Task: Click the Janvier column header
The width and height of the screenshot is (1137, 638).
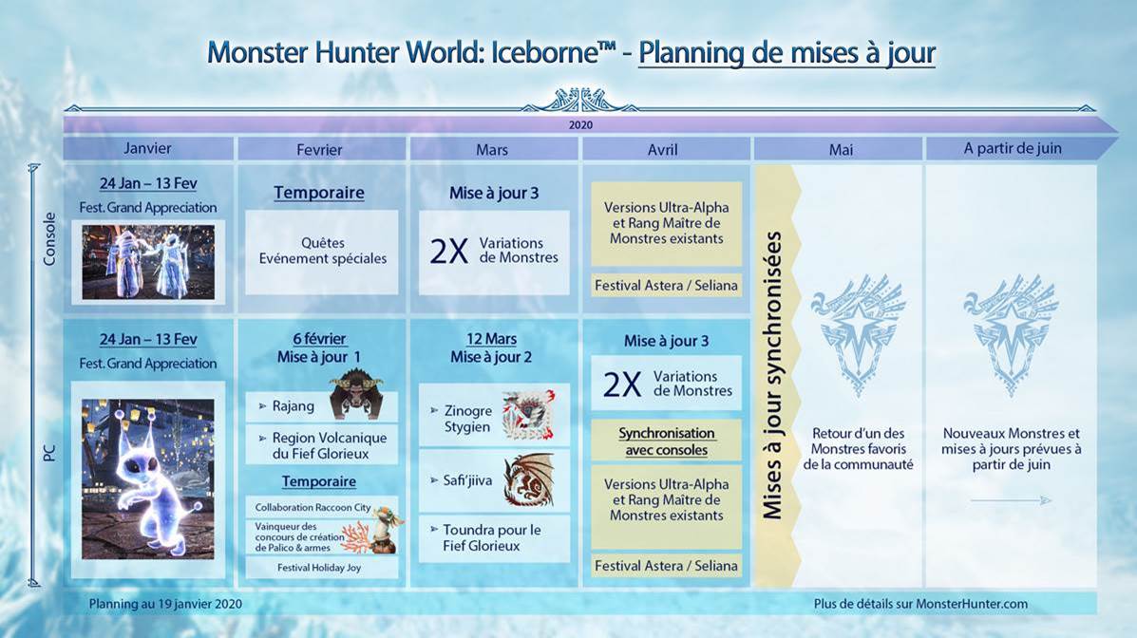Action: point(147,149)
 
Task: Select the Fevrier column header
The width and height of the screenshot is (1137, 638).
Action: point(319,149)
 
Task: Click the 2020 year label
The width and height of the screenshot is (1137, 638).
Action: point(580,124)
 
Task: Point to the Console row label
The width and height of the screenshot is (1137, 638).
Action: point(49,237)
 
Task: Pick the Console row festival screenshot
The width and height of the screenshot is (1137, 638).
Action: point(148,261)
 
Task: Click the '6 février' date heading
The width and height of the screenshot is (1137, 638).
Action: point(319,339)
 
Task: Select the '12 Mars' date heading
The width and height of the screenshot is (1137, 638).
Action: point(492,339)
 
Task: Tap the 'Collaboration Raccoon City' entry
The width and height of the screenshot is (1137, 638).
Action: point(313,507)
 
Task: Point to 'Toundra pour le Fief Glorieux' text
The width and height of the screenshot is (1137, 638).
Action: point(491,537)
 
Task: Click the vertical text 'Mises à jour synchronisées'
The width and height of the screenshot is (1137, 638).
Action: point(774,375)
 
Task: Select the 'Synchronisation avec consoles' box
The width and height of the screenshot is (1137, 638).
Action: point(665,441)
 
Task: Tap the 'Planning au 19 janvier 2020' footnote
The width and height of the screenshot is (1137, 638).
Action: point(165,603)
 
